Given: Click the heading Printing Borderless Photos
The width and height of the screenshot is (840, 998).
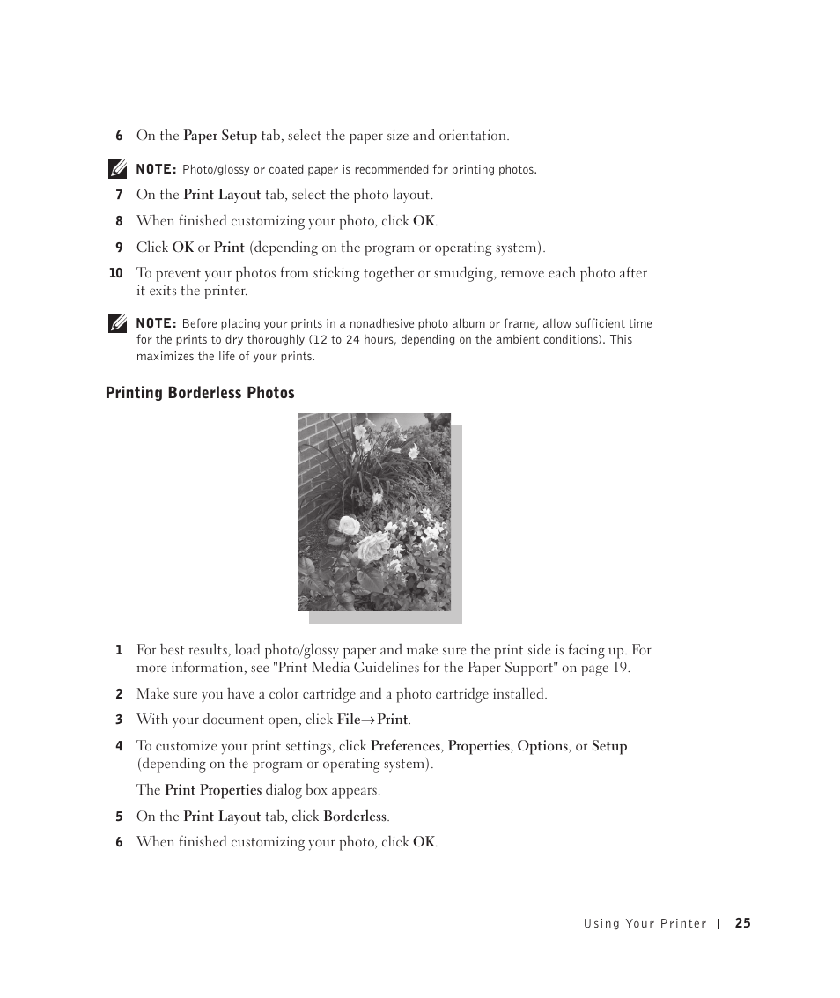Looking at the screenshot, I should [200, 393].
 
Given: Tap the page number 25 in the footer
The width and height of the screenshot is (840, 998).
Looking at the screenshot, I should [742, 923].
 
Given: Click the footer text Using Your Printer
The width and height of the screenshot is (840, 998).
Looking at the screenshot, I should [645, 924].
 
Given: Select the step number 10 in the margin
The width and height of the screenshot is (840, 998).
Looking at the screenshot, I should [115, 273].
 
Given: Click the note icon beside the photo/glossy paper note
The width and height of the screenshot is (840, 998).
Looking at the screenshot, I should [117, 167].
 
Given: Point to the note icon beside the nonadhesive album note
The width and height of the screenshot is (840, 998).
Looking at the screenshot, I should [117, 323].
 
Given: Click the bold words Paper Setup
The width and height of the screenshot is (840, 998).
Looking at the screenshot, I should [220, 136].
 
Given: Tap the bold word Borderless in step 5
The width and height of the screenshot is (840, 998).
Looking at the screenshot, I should [355, 817].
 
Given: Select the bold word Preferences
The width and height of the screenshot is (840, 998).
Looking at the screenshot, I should [405, 746].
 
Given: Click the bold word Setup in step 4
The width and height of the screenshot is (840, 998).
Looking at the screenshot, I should [609, 746].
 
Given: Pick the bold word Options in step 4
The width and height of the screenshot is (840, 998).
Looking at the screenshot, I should [542, 746].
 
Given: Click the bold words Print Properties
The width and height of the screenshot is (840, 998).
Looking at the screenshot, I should [213, 790].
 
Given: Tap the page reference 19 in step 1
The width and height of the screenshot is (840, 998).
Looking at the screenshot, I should [621, 668].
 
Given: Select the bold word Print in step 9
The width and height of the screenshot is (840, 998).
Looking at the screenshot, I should [229, 248].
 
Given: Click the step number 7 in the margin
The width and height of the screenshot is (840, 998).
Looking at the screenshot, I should [119, 196].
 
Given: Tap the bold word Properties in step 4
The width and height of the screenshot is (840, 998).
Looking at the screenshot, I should [478, 746].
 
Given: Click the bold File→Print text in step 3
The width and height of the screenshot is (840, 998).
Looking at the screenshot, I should [373, 720].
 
